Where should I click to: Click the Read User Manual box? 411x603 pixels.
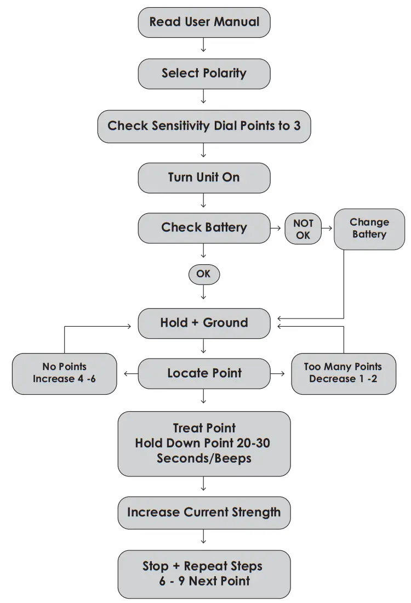coord(204,22)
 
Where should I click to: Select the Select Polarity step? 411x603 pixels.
coord(204,73)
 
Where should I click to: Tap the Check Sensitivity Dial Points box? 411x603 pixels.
coord(204,126)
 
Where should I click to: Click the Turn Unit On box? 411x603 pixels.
coord(204,178)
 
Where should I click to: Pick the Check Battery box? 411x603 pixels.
coord(204,227)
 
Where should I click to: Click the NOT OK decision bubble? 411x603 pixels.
coord(303,229)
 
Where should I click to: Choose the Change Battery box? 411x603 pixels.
coord(369,229)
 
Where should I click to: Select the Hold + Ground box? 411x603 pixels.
coord(204,323)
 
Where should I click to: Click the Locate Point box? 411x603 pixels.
coord(204,373)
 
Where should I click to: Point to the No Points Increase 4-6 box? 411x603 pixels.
coord(64,373)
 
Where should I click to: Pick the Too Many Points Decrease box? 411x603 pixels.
coord(343,373)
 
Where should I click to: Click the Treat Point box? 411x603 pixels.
coord(204,443)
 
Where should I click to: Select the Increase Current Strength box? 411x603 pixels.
coord(204,513)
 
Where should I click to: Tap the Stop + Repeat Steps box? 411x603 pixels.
coord(204,573)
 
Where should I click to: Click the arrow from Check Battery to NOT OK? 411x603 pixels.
coord(277,227)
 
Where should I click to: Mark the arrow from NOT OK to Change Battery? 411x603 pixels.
coord(327,227)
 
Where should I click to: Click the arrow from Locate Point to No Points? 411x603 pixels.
coord(130,373)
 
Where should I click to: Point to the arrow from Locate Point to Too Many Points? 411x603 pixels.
coord(278,373)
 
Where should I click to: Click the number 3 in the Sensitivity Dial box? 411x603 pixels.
coord(296,126)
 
